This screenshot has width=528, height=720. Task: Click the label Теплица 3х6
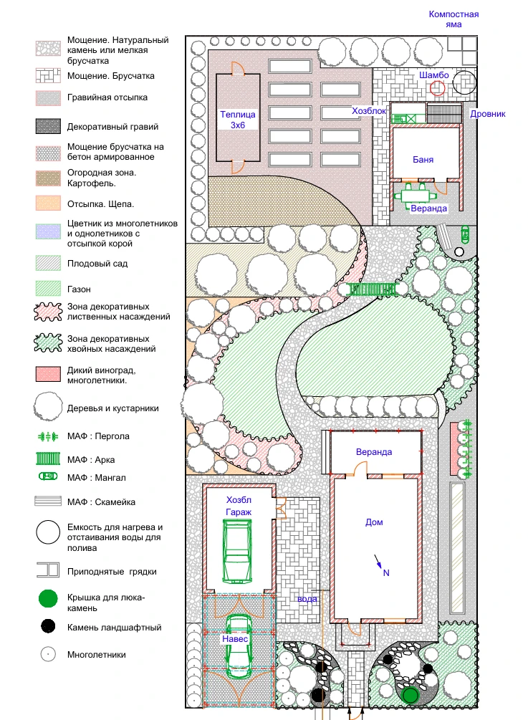tap(237, 120)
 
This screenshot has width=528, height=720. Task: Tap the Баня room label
tap(423, 159)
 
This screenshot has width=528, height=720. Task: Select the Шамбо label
tap(434, 75)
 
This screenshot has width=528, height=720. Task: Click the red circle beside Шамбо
tap(438, 87)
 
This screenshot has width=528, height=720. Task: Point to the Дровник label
tap(488, 113)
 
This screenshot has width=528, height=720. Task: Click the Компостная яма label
tap(453, 19)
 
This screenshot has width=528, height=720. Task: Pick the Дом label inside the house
tap(374, 522)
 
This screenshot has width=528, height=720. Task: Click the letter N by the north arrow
tap(386, 572)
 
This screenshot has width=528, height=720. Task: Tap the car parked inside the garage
tap(237, 550)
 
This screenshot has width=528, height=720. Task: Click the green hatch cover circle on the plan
tap(410, 695)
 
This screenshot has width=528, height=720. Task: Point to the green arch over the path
tap(372, 289)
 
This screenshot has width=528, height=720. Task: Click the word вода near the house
tap(307, 599)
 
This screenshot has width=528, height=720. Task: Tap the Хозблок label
tap(369, 110)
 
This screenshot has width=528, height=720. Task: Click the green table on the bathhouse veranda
tap(415, 196)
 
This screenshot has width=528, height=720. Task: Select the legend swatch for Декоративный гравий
tap(48, 126)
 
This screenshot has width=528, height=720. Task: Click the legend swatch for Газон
tap(48, 289)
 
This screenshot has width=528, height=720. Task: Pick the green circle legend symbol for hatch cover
tap(48, 599)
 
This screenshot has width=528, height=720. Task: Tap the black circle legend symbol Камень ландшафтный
tap(48, 626)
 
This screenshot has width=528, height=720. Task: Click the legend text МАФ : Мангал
tap(97, 478)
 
